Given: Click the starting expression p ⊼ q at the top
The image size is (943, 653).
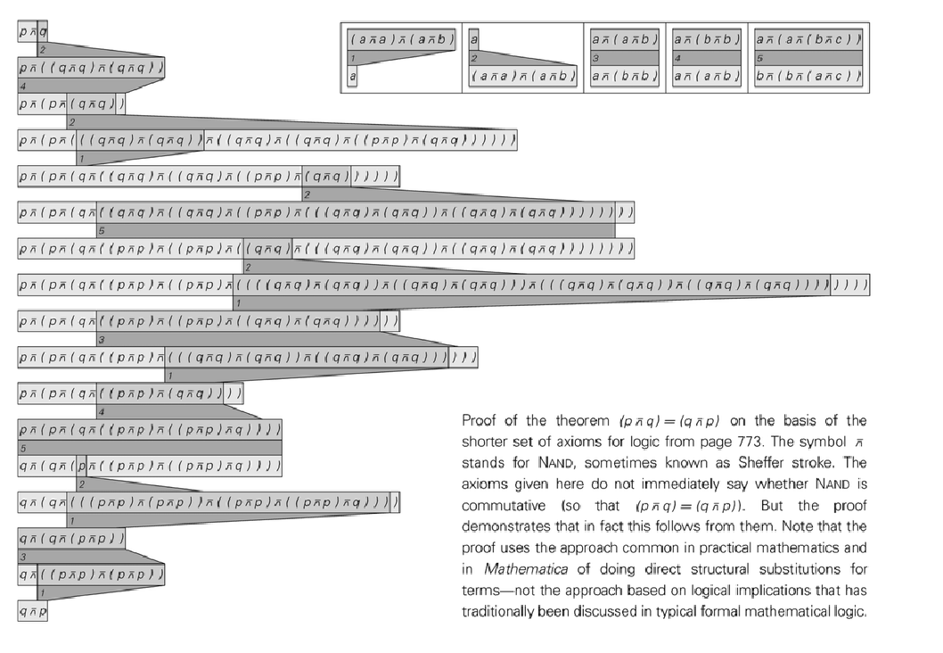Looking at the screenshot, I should click(33, 31).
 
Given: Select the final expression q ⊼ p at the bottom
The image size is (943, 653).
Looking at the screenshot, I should click(33, 611).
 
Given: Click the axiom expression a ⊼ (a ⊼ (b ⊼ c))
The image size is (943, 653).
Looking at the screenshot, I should click(808, 39).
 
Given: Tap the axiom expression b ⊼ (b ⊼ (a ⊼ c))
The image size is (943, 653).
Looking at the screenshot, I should click(808, 77).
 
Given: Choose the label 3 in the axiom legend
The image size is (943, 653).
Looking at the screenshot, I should click(595, 57).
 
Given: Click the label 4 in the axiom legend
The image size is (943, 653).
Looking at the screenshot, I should click(678, 57).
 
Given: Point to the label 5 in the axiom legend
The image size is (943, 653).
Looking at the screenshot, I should click(760, 57).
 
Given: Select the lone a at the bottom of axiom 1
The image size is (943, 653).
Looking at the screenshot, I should click(353, 77).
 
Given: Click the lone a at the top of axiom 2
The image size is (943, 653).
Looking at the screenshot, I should click(474, 39).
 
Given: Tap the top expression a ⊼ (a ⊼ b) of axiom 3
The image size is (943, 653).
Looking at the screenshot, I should click(625, 39).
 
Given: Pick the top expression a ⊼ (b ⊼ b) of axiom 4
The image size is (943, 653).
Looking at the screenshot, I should click(707, 39).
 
